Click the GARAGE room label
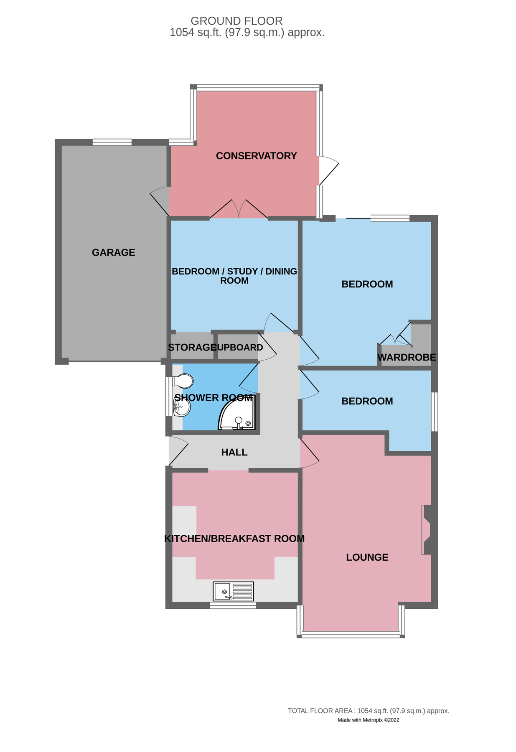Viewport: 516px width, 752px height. [113, 252]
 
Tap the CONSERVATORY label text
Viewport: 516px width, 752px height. [256, 156]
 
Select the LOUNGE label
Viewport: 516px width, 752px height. [367, 557]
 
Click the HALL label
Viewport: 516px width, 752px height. [234, 452]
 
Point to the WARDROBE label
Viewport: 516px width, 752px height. [406, 357]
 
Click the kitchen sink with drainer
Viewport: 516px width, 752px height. [233, 591]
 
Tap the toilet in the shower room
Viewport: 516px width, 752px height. [183, 381]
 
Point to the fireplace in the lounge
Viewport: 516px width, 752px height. [427, 530]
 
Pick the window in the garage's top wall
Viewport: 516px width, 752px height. [112, 142]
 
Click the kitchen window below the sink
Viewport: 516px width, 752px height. [233, 605]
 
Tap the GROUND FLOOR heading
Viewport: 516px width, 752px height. [236, 21]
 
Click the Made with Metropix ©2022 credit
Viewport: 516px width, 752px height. [368, 720]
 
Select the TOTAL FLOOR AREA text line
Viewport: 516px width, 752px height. [368, 711]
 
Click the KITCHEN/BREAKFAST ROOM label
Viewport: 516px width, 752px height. [234, 539]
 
